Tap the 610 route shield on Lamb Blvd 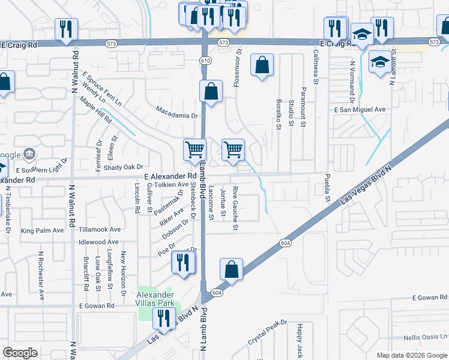pos(206,61)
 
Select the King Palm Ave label pos(42,230)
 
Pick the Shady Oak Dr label pos(124,167)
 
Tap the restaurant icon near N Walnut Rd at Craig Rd pos(64,28)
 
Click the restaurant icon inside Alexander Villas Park pos(163,318)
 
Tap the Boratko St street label pos(279,115)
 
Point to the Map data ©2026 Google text pos(411,355)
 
